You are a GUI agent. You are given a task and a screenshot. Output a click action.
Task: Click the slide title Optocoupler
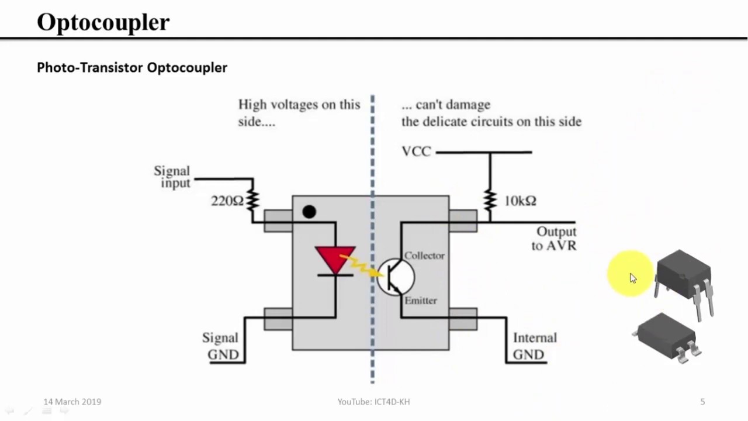pyautogui.click(x=103, y=22)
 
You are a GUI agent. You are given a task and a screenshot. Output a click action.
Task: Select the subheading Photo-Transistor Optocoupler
pyautogui.click(x=131, y=68)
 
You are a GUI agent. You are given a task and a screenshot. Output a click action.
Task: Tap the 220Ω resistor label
pyautogui.click(x=227, y=201)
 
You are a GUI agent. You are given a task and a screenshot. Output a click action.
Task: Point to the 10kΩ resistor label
pyautogui.click(x=520, y=201)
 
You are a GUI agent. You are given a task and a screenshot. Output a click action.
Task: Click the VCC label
pyautogui.click(x=416, y=152)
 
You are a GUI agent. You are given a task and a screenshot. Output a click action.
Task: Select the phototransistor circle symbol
pyautogui.click(x=395, y=277)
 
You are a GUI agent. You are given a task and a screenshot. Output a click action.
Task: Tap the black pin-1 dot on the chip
pyautogui.click(x=309, y=212)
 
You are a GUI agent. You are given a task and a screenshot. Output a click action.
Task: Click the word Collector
pyautogui.click(x=424, y=256)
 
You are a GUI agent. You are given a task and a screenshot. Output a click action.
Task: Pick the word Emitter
pyautogui.click(x=420, y=301)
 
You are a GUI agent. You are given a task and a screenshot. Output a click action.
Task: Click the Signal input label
pyautogui.click(x=172, y=177)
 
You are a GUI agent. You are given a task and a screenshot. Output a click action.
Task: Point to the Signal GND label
pyautogui.click(x=220, y=346)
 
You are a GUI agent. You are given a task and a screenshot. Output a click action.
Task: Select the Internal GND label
pyautogui.click(x=534, y=346)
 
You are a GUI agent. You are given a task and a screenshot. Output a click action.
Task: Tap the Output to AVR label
pyautogui.click(x=555, y=239)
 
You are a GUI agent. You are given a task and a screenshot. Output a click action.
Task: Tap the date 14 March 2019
pyautogui.click(x=72, y=402)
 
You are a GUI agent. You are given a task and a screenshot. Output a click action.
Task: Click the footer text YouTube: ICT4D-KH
pyautogui.click(x=373, y=402)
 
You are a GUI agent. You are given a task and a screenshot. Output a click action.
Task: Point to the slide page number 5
pyautogui.click(x=702, y=402)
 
